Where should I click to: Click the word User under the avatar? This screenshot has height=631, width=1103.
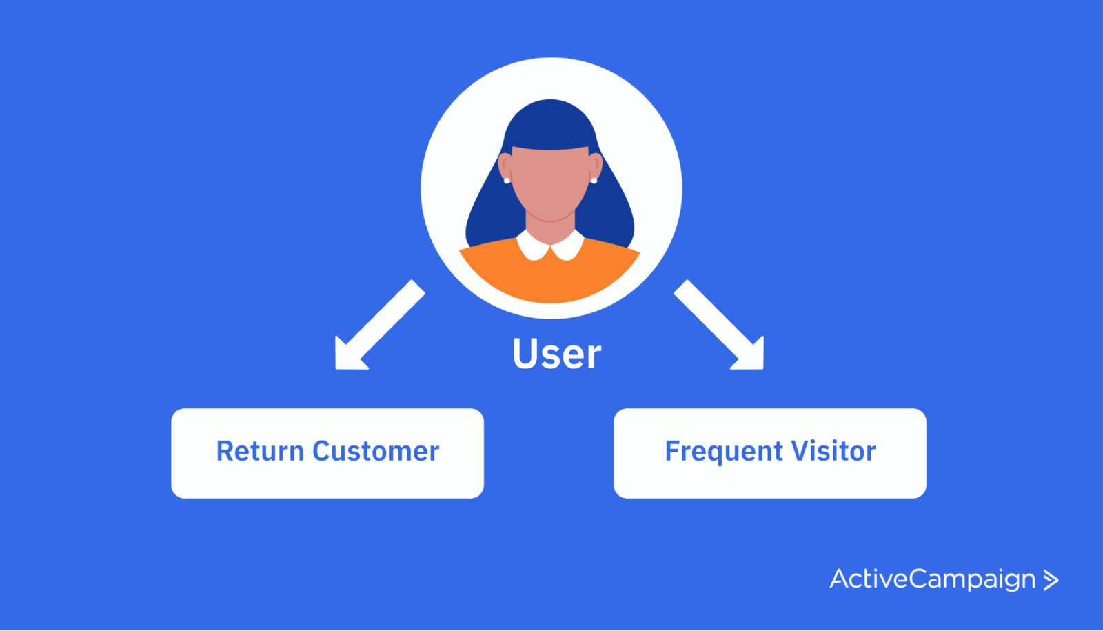[x=556, y=354]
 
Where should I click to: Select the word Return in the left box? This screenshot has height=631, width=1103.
[x=260, y=452]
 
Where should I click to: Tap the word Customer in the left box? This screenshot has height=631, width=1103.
[x=376, y=452]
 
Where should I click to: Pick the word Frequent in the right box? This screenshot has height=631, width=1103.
[x=724, y=452]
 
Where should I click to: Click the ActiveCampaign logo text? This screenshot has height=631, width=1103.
[x=932, y=579]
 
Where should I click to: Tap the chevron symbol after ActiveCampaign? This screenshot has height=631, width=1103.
[x=1051, y=580]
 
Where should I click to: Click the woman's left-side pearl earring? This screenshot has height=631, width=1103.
[x=507, y=181]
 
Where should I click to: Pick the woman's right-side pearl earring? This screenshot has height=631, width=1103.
[x=594, y=181]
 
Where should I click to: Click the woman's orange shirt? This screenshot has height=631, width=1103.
[x=550, y=279]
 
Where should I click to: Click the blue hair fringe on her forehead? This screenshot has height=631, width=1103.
[x=550, y=131]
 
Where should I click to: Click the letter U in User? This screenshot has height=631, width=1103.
[x=525, y=354]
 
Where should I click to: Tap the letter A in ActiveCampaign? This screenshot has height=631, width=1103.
[x=840, y=579]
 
